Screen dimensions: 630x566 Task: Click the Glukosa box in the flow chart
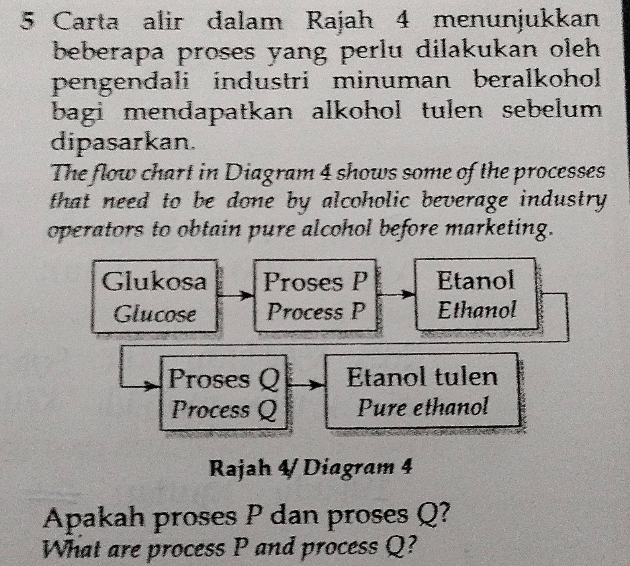pos(155,295)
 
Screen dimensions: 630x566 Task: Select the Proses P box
pos(315,295)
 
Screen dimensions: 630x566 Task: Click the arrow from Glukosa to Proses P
pos(236,296)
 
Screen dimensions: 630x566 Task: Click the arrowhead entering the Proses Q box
pos(155,386)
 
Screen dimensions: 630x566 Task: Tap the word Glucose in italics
pos(155,314)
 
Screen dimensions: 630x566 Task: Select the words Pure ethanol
pos(423,407)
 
